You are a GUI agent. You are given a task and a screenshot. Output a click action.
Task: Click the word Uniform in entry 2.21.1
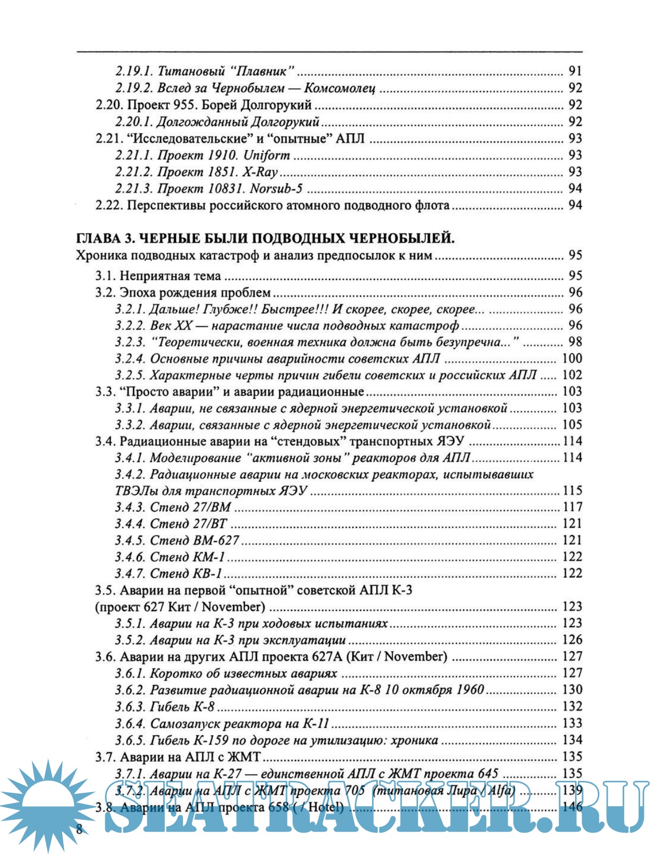point(266,156)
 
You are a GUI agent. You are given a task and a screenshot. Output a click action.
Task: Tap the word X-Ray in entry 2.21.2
point(260,172)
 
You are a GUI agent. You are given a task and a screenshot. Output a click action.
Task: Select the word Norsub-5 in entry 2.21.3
point(276,189)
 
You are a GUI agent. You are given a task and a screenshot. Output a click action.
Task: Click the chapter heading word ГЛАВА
point(98,239)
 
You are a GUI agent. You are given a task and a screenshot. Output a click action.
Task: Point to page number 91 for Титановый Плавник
point(575,71)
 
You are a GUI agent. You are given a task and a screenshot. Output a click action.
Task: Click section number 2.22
point(109,206)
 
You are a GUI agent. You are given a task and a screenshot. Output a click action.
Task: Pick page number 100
point(572,359)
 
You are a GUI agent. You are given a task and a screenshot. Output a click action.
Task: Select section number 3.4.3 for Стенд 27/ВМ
point(130,508)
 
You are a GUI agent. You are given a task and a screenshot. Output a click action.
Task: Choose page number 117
point(572,508)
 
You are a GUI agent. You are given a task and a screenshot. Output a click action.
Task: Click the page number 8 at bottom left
point(79,828)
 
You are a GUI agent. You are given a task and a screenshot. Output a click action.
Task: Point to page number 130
point(572,690)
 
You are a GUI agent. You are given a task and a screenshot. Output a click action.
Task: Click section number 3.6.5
point(130,740)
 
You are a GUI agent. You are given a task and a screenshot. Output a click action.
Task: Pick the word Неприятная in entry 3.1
point(151,276)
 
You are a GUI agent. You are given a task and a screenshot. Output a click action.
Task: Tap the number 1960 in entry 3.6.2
point(470,690)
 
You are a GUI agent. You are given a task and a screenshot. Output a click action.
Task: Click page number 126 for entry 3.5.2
point(572,640)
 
